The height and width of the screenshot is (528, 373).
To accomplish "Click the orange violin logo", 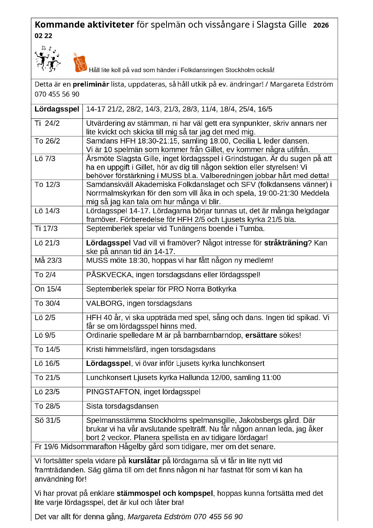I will click(80, 62).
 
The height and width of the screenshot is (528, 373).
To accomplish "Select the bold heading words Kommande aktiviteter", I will click(84, 25).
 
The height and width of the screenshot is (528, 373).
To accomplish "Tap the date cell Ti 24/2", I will click(47, 123).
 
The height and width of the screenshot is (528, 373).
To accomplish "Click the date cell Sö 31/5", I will click(47, 420).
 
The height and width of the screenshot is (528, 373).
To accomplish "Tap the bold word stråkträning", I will click(286, 243).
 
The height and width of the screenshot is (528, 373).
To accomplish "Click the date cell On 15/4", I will click(48, 289).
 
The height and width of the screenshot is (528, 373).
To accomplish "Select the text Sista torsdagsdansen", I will click(122, 406).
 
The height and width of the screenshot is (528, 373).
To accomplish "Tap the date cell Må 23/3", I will click(48, 260).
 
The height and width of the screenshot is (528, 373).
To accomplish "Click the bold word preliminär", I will click(91, 85).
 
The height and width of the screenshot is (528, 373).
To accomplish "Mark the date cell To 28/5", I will click(47, 406).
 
